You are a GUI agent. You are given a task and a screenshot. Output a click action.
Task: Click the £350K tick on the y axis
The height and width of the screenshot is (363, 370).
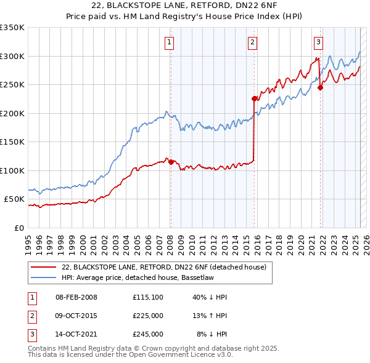coord(12,28)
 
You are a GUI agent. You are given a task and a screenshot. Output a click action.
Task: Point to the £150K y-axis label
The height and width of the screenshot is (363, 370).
coord(12,142)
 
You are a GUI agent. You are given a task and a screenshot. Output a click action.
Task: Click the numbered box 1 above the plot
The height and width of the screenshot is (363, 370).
coord(168,42)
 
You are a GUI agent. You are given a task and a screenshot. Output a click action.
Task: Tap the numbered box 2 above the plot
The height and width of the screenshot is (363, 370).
coord(253,42)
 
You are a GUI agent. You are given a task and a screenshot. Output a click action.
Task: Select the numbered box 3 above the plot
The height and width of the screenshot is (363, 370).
coord(318,42)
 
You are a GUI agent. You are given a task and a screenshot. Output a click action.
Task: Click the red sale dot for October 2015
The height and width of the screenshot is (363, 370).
coord(254,98)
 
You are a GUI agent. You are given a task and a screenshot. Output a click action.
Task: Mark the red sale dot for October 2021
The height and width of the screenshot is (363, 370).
coord(320,87)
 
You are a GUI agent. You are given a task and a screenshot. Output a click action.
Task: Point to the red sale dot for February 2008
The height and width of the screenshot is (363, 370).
coord(171,162)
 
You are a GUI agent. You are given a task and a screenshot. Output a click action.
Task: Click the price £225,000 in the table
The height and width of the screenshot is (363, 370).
coord(147,316)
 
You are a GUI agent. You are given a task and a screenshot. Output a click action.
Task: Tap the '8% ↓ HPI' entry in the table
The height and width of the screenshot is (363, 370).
coord(212,334)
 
